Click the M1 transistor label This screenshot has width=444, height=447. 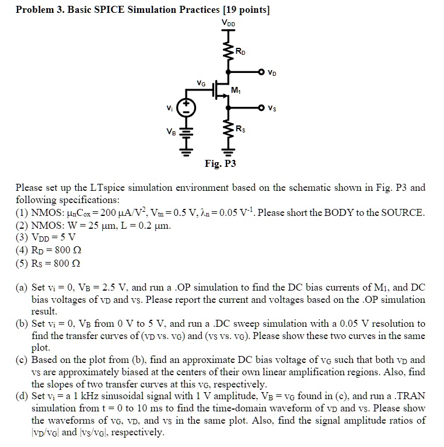point(236,90)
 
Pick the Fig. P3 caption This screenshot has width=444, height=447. point(220,164)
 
